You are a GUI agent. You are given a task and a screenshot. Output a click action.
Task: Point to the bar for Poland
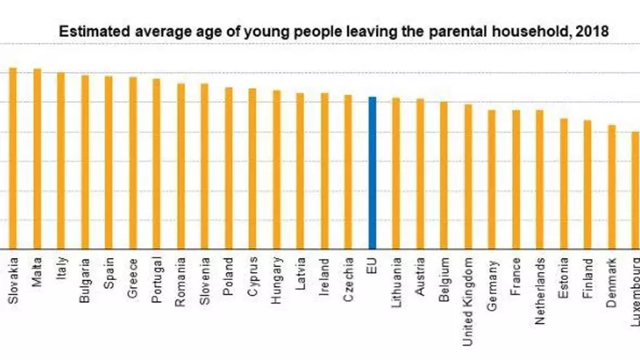(228, 168)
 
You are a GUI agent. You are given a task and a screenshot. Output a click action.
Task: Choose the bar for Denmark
(612, 187)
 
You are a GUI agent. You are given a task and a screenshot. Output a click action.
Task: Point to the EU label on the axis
(372, 265)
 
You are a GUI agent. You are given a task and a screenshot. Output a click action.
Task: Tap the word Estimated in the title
(88, 32)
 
